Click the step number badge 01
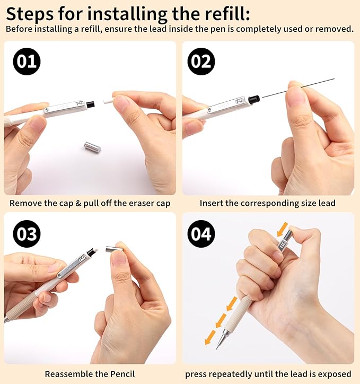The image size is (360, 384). (x=27, y=62)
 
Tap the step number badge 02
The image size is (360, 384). (x=201, y=62)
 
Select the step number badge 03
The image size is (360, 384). (x=27, y=233)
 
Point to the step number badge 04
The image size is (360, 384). (x=201, y=233)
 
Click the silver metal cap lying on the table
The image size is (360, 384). (x=93, y=147)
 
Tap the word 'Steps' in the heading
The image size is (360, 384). (x=31, y=13)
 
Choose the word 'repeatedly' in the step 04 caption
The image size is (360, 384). (x=233, y=374)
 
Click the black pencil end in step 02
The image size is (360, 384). (x=254, y=99)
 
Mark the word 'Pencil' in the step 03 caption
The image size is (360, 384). (x=122, y=374)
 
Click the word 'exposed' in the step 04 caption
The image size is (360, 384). (x=335, y=374)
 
